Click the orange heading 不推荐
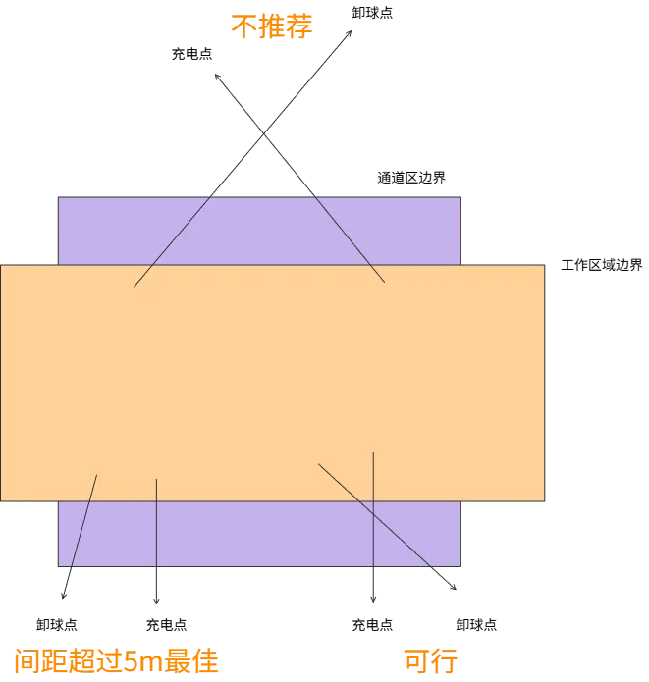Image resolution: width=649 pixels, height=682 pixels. pos(272,26)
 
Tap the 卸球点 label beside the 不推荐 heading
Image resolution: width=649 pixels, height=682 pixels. pos(372,13)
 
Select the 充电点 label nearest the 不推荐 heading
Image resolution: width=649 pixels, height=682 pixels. pos(192,54)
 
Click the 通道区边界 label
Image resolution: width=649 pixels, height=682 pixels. pos(411,178)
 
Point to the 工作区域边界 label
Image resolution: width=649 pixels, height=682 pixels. pos(602,265)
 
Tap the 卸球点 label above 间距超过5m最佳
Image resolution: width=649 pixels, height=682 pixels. pos(57,625)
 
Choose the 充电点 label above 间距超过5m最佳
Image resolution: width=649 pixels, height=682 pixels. pos(166,625)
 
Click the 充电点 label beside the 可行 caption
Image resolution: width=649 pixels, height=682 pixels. pos(372,625)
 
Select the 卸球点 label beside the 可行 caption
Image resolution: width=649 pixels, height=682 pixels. pos(476,625)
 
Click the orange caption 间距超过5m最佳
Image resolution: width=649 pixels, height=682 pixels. pos(116,660)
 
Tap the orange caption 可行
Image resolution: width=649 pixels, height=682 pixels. pos(430,660)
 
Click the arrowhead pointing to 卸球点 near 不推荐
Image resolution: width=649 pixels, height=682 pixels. pos(352,30)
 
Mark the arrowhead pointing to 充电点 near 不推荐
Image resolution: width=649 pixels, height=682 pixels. pos(215,75)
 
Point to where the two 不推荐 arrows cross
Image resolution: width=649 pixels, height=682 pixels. pos(263,133)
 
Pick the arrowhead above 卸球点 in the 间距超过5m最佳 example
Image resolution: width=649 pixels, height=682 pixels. pos(63,598)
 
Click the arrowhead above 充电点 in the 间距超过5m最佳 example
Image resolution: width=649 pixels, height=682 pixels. pos(156,603)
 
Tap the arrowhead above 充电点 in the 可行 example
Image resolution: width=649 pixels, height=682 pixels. pos(373,602)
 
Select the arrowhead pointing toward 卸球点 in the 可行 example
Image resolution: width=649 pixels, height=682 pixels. pos(456,590)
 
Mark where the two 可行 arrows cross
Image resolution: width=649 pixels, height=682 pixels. pos(373,514)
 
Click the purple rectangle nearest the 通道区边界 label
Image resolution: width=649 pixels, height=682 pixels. pos(259,231)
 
